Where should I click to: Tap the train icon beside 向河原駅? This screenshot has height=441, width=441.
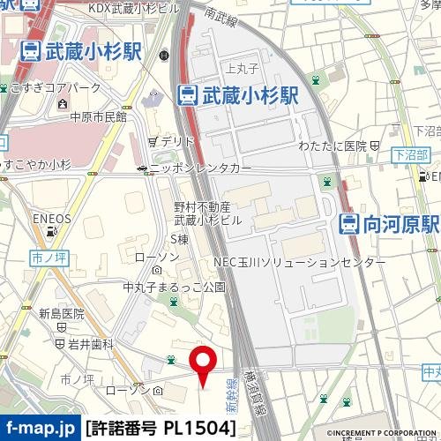click(349, 224)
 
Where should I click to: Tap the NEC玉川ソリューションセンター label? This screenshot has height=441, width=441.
click(305, 263)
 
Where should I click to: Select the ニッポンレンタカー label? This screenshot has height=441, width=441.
click(200, 168)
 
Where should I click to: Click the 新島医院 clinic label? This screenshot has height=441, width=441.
click(61, 313)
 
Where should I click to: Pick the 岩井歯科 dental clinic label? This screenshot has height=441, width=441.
click(91, 344)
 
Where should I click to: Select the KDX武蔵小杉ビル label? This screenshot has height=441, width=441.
click(132, 7)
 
